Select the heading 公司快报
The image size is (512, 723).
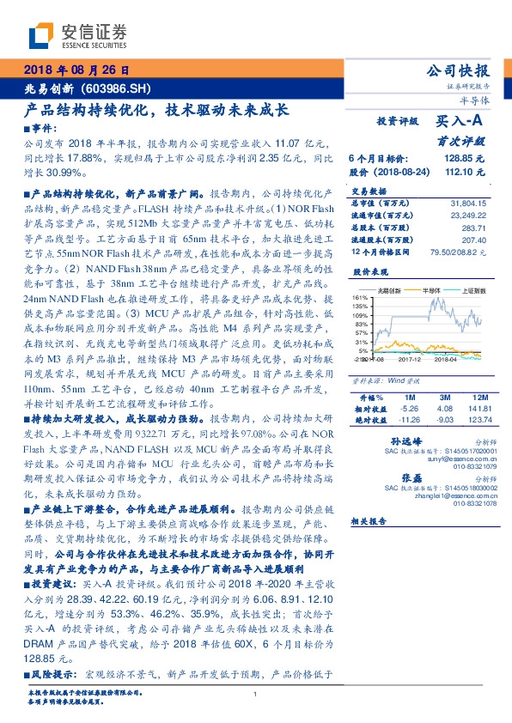coord(459,70)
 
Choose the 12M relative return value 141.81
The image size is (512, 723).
coord(482,410)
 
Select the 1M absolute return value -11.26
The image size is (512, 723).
coord(408,420)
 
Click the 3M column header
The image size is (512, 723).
coord(445,398)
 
